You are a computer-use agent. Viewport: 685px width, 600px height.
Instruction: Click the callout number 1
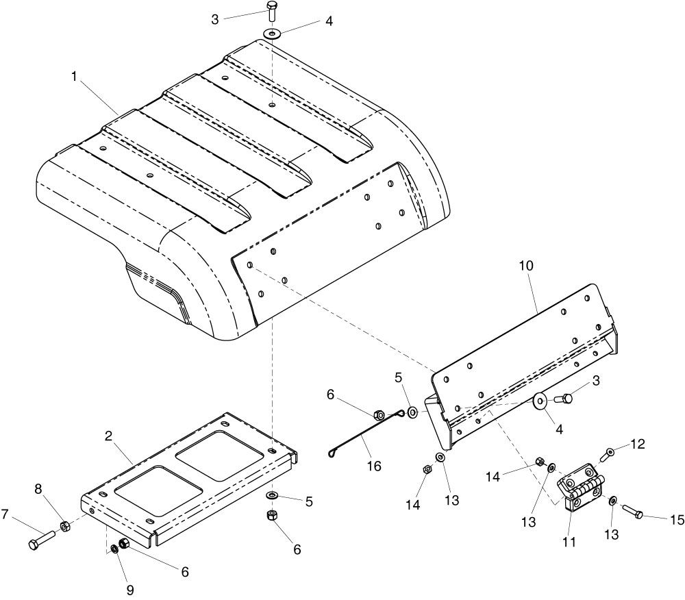(x=74, y=77)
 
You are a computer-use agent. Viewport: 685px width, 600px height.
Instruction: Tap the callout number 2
(x=109, y=436)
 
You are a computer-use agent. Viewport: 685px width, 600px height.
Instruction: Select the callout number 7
(x=5, y=515)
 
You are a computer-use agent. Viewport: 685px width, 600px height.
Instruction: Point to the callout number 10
(x=526, y=266)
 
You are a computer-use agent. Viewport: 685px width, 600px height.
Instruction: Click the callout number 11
(x=569, y=542)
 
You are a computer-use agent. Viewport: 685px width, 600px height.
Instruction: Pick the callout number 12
(x=638, y=444)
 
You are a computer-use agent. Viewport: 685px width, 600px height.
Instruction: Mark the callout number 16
(x=375, y=466)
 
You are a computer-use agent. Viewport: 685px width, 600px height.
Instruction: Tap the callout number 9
(x=130, y=590)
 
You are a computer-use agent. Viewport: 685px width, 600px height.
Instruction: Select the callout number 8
(x=38, y=489)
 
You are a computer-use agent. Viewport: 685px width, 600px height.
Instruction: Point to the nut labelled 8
(x=64, y=527)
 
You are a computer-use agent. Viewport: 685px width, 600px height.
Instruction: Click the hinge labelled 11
(x=580, y=487)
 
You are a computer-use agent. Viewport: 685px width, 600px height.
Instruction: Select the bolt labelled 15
(x=632, y=512)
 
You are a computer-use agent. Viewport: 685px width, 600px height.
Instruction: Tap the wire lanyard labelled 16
(x=366, y=433)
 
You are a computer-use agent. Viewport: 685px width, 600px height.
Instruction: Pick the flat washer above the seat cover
(x=272, y=33)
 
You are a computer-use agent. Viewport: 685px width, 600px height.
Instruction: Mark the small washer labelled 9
(x=114, y=549)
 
